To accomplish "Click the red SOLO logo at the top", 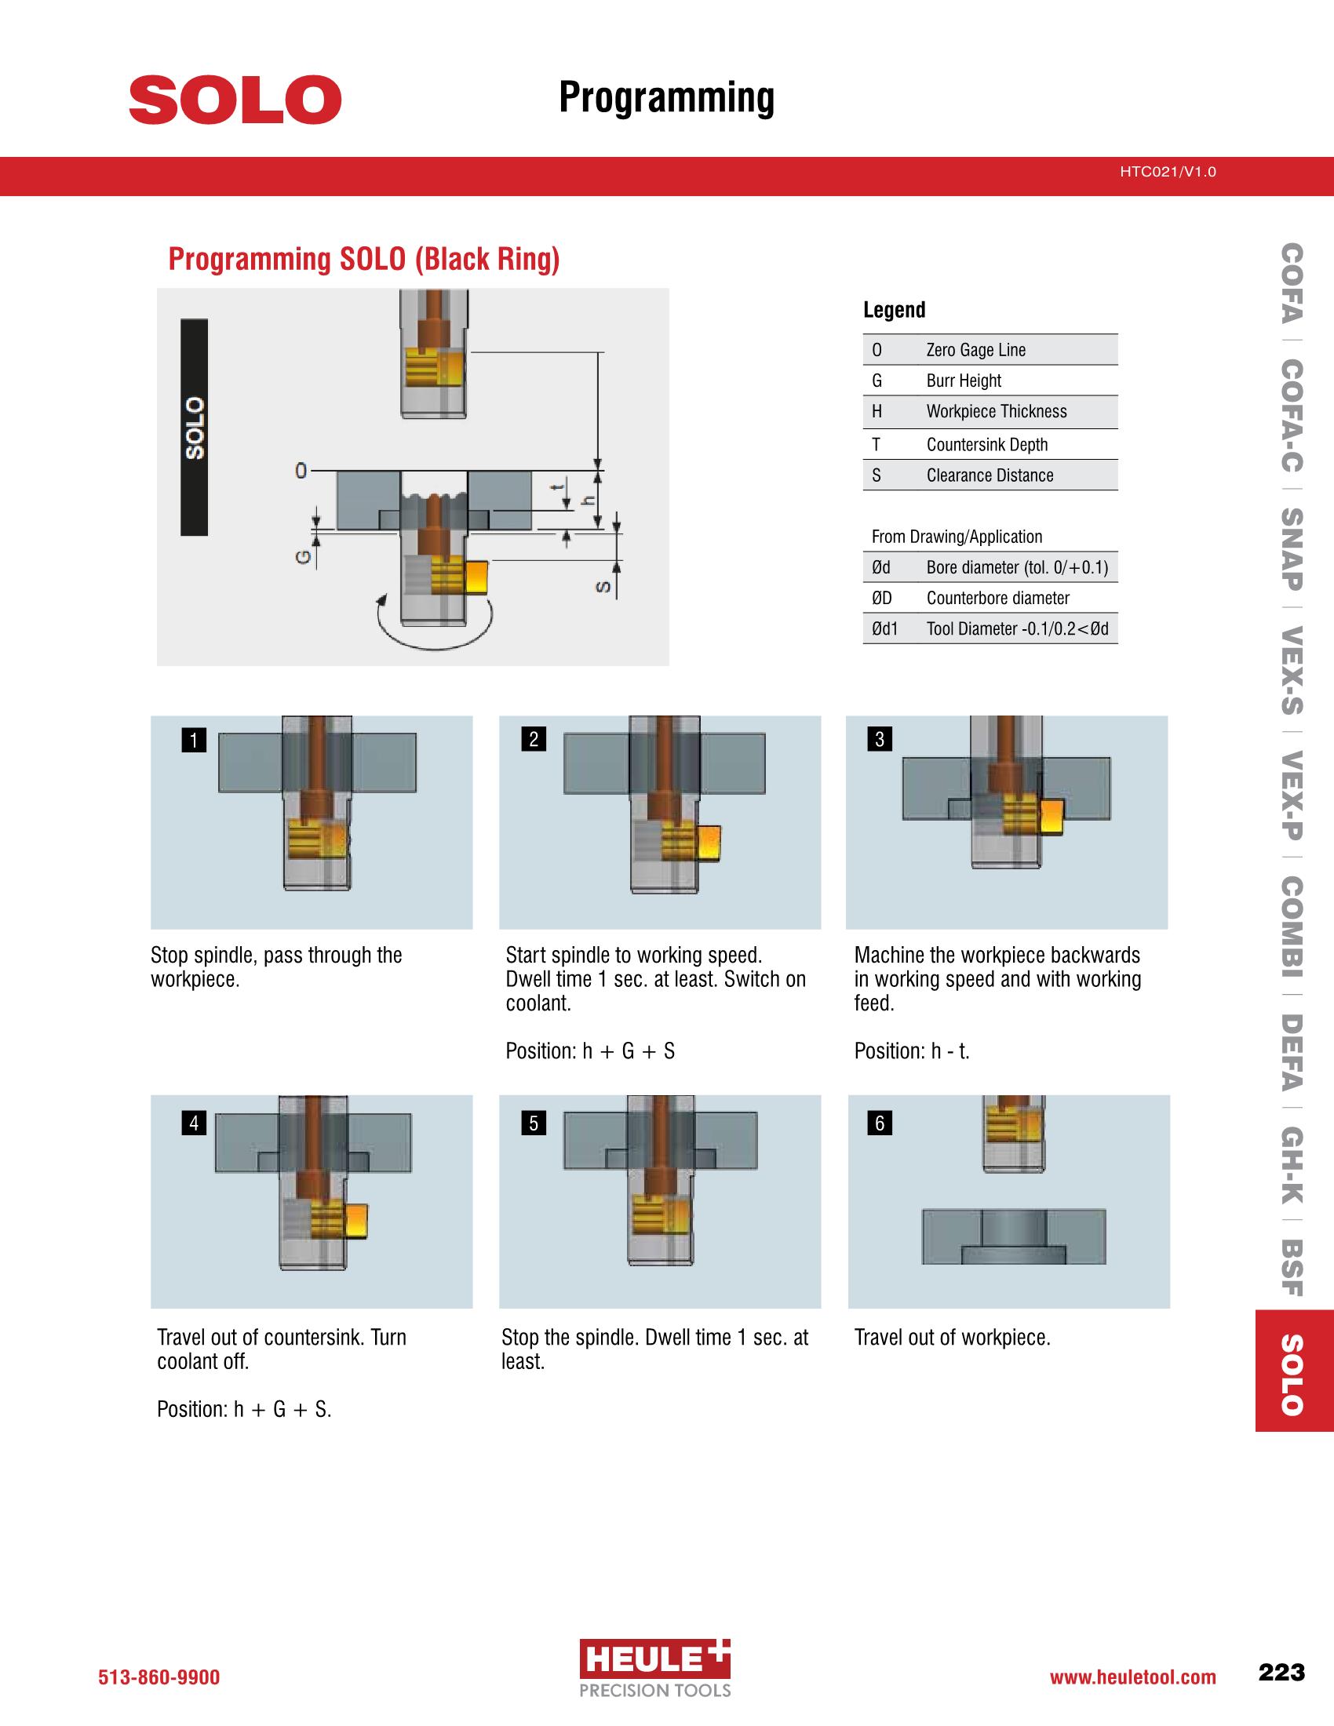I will point(235,100).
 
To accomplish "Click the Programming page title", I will point(666,98).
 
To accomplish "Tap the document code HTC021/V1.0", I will point(1168,172).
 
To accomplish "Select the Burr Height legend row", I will point(990,381).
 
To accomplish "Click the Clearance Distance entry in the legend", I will point(990,475).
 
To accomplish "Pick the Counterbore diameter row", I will point(990,599).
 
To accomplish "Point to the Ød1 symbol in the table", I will point(884,629).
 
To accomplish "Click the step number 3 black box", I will point(880,740).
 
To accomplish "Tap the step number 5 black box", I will point(534,1123).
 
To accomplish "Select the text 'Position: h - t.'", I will point(911,1051).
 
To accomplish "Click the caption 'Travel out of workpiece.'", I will point(952,1337).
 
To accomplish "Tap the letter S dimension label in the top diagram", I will point(603,587).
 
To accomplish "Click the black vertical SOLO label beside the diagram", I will point(195,428).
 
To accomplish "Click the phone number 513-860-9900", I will point(159,1677).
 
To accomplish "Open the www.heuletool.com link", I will point(1132,1677).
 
